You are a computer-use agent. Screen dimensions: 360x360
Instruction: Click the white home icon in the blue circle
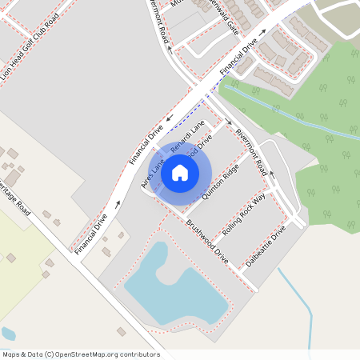(180, 172)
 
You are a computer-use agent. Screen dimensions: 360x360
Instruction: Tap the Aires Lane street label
(152, 173)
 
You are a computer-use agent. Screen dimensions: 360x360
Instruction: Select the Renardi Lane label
(188, 134)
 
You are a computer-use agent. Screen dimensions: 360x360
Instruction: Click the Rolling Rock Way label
(244, 214)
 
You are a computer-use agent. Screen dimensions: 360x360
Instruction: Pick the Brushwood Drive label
(207, 242)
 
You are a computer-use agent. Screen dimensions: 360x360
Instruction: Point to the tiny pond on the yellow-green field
(8, 333)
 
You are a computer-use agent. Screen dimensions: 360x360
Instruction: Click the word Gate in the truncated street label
(232, 26)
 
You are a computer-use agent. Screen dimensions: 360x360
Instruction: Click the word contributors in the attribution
(135, 354)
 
